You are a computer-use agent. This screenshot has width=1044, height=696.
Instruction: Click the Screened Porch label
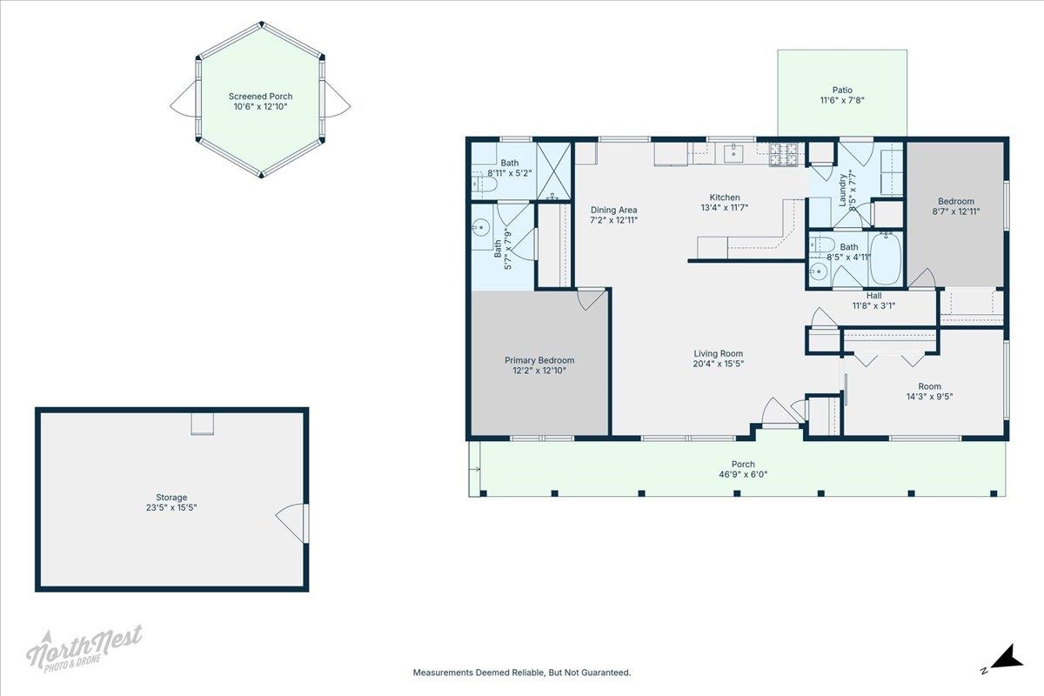tap(260, 97)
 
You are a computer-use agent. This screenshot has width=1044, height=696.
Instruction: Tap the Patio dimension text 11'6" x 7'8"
tap(842, 100)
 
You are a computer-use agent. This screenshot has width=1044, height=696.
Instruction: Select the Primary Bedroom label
tap(539, 360)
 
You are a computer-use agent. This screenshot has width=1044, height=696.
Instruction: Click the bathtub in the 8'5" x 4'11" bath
tap(886, 258)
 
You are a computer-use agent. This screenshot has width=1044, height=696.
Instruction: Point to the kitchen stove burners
tap(784, 155)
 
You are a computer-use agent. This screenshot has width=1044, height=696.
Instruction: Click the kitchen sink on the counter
tap(733, 152)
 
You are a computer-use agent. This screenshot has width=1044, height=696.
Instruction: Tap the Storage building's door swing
tap(290, 523)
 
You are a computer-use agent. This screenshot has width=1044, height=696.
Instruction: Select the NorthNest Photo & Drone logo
tap(84, 648)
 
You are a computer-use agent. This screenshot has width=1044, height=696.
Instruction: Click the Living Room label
tap(719, 354)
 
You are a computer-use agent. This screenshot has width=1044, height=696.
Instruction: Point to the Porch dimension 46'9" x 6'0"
tap(743, 474)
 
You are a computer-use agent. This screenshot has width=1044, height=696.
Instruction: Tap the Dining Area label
tap(613, 211)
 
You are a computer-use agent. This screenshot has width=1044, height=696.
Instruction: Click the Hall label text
tap(873, 296)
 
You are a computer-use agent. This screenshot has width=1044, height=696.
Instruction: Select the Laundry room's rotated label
tap(843, 190)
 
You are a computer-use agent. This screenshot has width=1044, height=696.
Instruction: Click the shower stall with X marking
tap(553, 171)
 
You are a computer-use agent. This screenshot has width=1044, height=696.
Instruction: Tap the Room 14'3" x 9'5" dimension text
tap(929, 397)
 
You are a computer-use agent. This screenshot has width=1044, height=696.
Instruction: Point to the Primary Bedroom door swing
tap(591, 298)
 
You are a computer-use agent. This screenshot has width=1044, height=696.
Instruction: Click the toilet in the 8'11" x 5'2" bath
tap(485, 184)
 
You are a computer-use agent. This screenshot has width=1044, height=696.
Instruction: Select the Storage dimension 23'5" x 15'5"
tap(171, 508)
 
